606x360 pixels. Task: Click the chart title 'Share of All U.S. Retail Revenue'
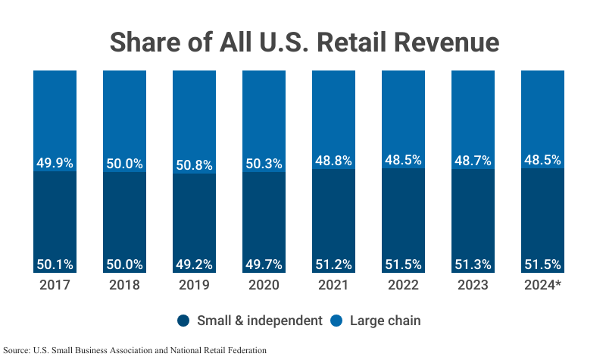click(x=304, y=42)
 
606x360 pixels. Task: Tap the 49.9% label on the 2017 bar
click(x=55, y=163)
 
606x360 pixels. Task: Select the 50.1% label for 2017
click(x=55, y=265)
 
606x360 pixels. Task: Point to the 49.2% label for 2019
click(x=194, y=265)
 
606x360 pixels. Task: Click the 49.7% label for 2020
click(x=264, y=265)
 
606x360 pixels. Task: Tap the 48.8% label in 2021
click(x=333, y=161)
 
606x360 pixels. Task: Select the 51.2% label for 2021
click(x=333, y=265)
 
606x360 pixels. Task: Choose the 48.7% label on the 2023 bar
click(x=473, y=161)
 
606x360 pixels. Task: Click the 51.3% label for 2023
click(x=473, y=265)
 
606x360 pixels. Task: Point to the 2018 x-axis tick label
click(x=124, y=285)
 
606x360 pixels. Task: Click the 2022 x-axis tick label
click(x=403, y=285)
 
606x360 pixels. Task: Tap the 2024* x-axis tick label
click(x=542, y=285)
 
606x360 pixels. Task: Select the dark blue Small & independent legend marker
click(x=184, y=321)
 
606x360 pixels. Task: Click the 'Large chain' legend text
click(x=385, y=321)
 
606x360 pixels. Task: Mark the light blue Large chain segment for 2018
click(x=124, y=114)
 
